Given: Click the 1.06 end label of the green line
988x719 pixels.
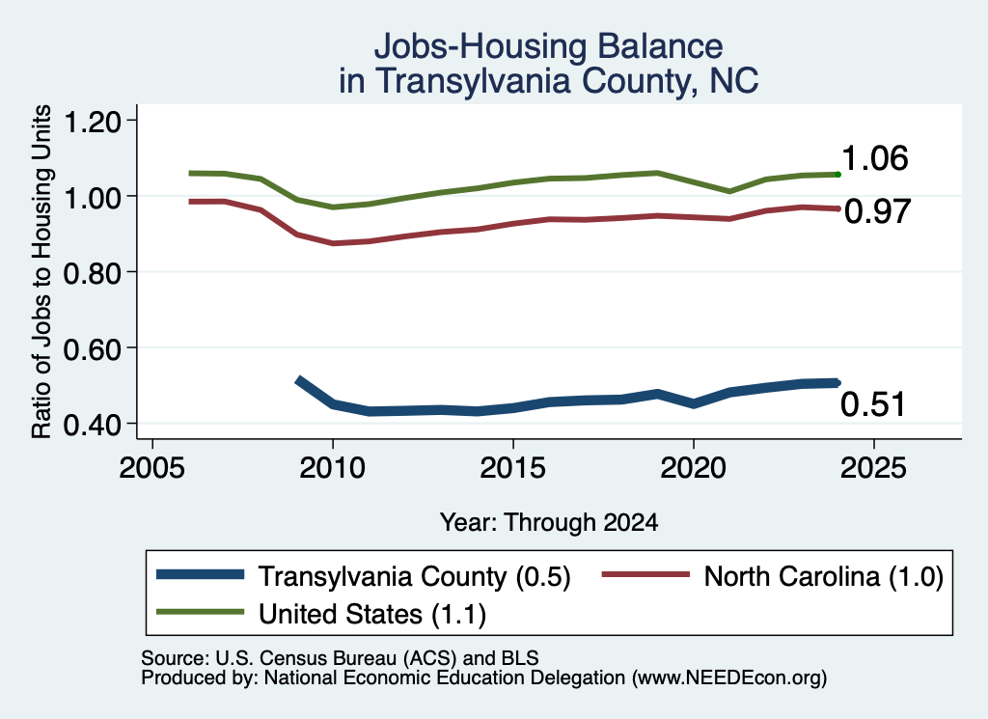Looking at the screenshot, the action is click(874, 158).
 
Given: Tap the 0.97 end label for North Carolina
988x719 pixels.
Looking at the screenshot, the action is click(878, 211).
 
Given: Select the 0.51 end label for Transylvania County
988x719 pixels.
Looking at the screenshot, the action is click(872, 404).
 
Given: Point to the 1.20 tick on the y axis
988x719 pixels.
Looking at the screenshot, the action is click(92, 121).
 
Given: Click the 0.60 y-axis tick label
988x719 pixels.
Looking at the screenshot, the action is click(92, 348).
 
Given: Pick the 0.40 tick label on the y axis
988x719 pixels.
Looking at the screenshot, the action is click(92, 424).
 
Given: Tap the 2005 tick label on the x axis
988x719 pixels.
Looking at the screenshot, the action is click(152, 467).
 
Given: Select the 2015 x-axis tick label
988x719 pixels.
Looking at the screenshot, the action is click(513, 467).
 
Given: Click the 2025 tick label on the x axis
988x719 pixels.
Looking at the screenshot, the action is click(873, 467).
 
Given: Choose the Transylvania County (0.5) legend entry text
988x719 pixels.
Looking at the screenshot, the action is click(415, 576).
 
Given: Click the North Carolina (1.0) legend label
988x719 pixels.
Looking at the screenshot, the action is click(824, 576).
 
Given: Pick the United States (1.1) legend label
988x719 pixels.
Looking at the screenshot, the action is click(372, 614).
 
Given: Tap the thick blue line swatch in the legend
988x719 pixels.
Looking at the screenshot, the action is click(201, 574).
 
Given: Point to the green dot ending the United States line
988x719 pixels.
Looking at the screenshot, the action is click(837, 174).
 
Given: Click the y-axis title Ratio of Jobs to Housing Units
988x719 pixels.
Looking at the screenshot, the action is click(41, 271).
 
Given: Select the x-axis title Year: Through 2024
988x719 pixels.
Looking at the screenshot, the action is click(549, 522).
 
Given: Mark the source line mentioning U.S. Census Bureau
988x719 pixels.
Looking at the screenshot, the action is click(340, 658).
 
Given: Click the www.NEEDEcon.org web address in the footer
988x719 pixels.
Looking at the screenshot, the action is click(729, 678).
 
